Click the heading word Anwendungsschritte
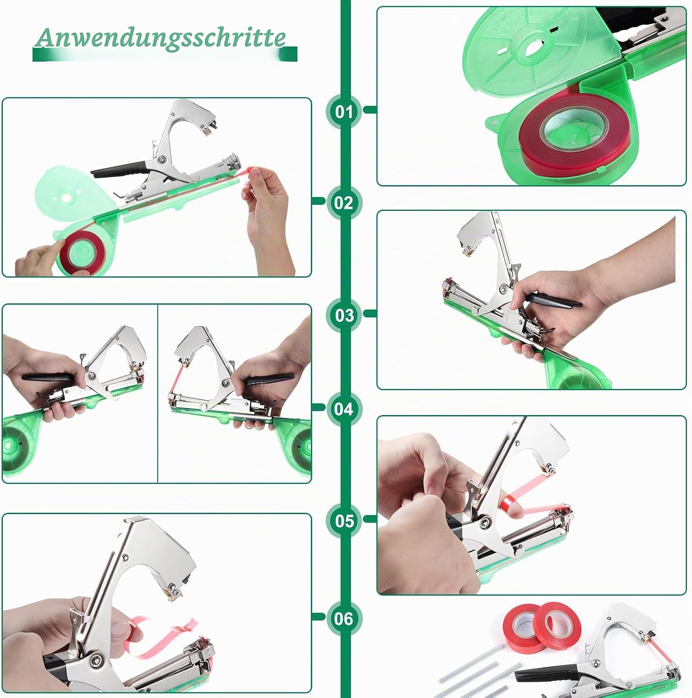161,37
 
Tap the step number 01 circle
344,111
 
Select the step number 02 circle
344,202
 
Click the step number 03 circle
344,315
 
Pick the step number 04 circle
344,409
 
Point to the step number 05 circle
344,520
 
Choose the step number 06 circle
344,618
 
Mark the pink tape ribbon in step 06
161,635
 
